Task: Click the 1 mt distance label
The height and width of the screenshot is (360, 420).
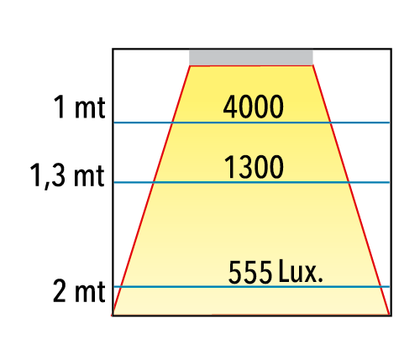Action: (79, 107)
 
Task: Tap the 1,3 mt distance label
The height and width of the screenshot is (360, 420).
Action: (67, 175)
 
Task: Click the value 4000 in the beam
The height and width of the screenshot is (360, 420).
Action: (253, 107)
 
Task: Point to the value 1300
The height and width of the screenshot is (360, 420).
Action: (254, 167)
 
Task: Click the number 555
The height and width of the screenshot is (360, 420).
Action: (250, 272)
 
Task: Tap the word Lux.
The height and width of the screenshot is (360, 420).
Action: (301, 271)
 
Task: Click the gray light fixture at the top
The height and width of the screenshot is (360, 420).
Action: (251, 57)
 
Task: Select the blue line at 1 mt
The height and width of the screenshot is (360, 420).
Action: (251, 123)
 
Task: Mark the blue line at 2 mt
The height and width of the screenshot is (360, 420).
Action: (251, 286)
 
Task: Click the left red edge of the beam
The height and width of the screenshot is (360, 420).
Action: (151, 190)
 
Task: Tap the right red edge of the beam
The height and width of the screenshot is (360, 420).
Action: (351, 190)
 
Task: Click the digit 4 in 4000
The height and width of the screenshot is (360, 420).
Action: (230, 107)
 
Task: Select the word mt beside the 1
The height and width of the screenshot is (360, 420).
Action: (90, 108)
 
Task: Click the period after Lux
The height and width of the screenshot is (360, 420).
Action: (320, 279)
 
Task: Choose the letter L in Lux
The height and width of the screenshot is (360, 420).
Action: (284, 271)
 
